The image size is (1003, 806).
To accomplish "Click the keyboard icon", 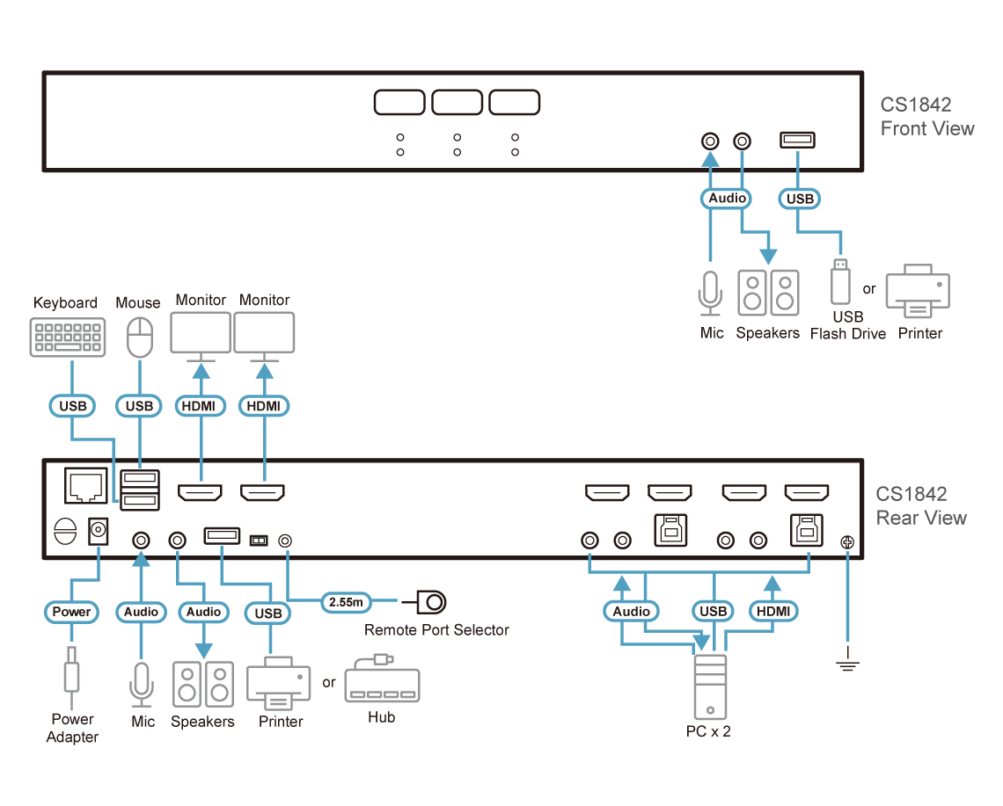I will coord(69,338).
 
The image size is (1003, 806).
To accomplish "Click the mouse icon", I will coord(139,338).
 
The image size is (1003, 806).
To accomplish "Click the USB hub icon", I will coord(382,685).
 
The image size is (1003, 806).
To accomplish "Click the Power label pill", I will coord(71,611).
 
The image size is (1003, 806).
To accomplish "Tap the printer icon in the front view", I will coord(918,291).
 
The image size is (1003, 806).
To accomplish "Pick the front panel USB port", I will coord(798,140).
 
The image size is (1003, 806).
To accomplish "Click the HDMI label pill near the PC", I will coord(773,611).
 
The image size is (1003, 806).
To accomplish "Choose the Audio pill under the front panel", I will coord(728,199).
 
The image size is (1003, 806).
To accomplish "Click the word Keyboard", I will coord(65,303).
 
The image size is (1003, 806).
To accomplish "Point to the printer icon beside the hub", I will coord(279,684).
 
